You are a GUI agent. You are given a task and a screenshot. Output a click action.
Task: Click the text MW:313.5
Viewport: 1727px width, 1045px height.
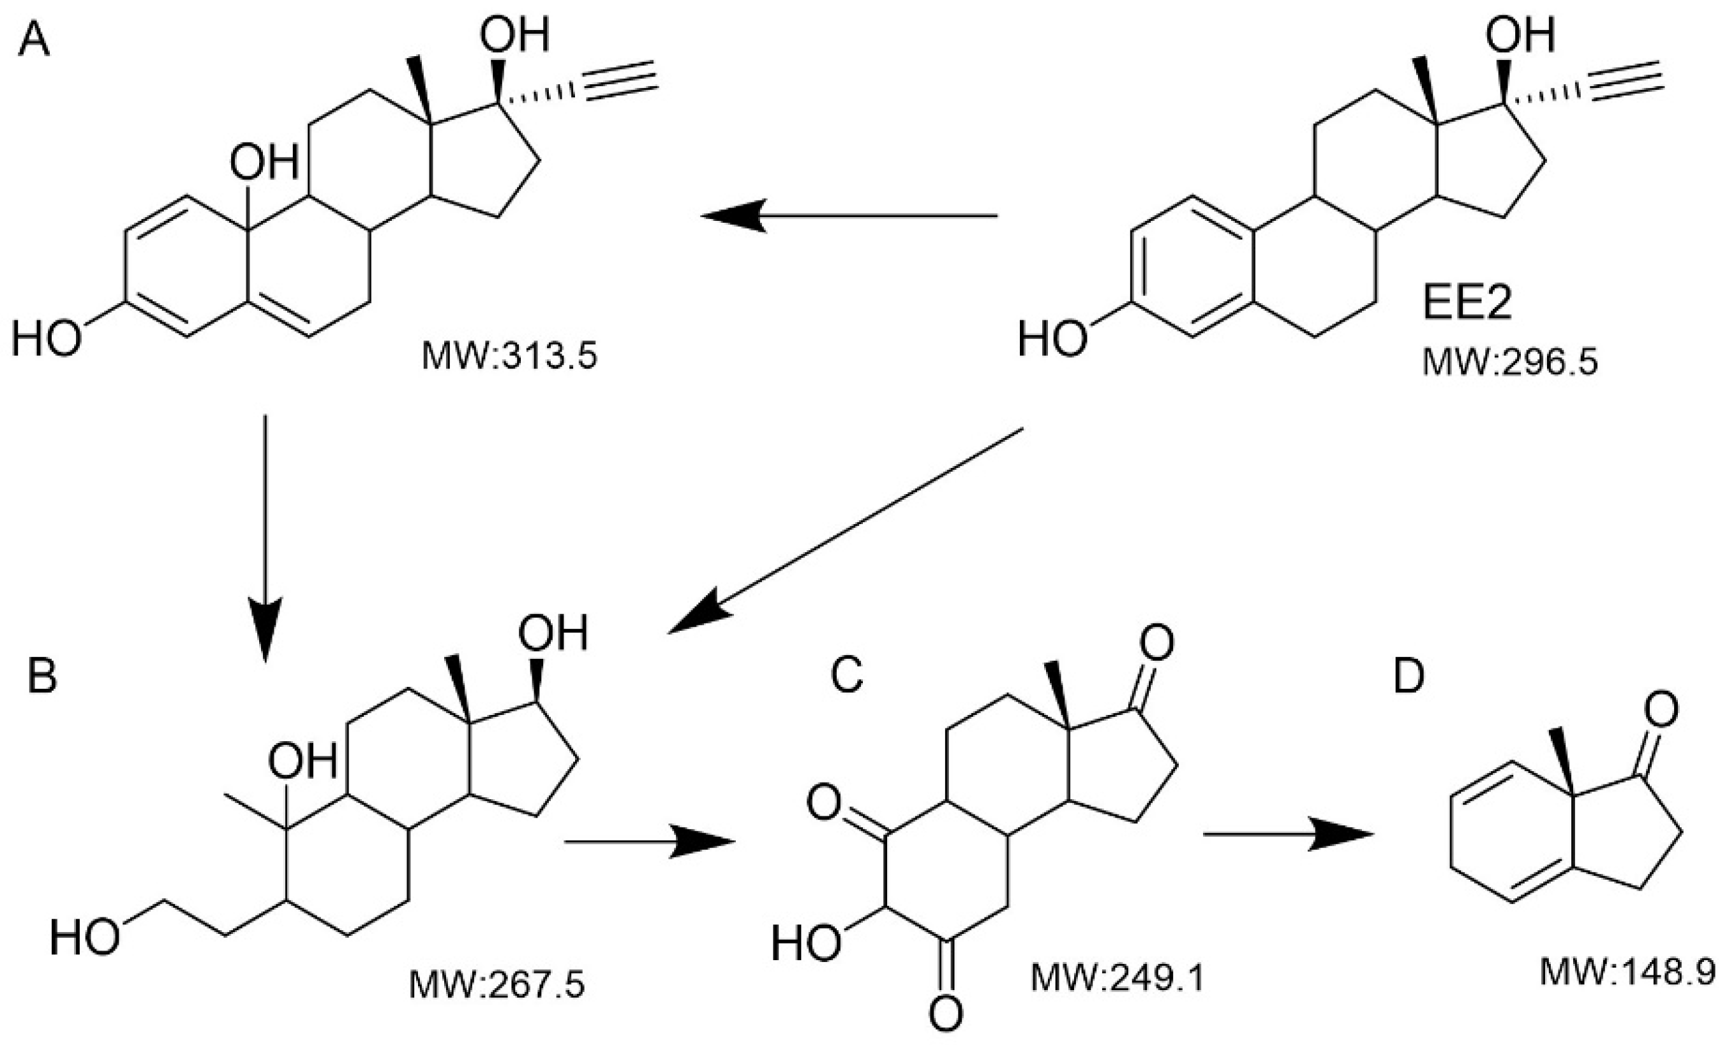pyautogui.click(x=509, y=356)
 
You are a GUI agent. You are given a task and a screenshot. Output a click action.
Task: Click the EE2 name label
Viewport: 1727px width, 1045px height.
pyautogui.click(x=1468, y=306)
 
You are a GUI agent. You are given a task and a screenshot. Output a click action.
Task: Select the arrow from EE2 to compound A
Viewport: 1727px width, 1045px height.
pyautogui.click(x=848, y=216)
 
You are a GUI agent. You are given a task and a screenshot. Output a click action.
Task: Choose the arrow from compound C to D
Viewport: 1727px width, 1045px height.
pyautogui.click(x=1287, y=834)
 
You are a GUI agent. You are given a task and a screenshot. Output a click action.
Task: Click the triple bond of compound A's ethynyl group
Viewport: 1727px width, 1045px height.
pyautogui.click(x=620, y=84)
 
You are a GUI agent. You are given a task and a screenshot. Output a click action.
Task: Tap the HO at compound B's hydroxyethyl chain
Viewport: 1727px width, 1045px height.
pyautogui.click(x=84, y=939)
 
